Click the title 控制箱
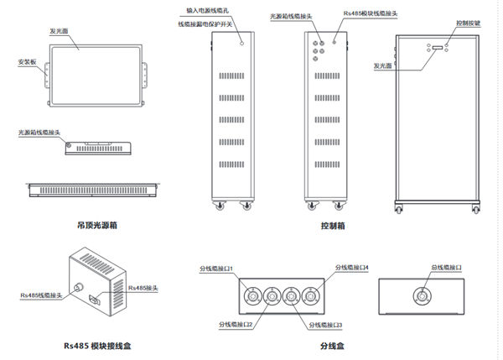pyautogui.click(x=333, y=226)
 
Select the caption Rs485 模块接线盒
pyautogui.click(x=97, y=345)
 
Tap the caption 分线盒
pyautogui.click(x=333, y=345)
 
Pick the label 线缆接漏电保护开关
pyautogui.click(x=210, y=24)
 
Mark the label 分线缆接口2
pyautogui.click(x=237, y=324)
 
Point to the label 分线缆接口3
pyautogui.click(x=327, y=324)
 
